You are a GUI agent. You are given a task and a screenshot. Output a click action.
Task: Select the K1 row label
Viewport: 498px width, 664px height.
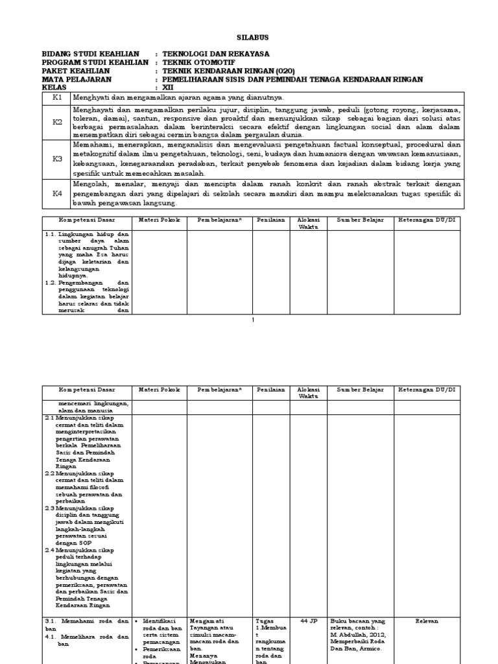(57, 97)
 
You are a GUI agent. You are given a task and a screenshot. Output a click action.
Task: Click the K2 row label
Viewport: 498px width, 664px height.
(57, 121)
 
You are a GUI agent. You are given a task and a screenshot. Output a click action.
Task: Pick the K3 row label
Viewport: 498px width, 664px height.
(57, 158)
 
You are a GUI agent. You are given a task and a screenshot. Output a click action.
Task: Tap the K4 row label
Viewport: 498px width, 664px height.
(57, 193)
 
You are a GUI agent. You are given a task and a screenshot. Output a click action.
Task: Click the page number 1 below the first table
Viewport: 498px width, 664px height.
(254, 320)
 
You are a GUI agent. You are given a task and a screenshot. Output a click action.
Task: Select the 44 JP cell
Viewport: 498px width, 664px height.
(308, 621)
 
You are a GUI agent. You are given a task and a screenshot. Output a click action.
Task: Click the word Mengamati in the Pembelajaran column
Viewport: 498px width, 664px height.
(207, 621)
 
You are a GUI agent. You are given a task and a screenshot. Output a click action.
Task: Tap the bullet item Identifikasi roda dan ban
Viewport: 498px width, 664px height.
(161, 624)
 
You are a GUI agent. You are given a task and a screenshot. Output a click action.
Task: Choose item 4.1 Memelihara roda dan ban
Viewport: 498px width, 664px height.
(87, 640)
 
